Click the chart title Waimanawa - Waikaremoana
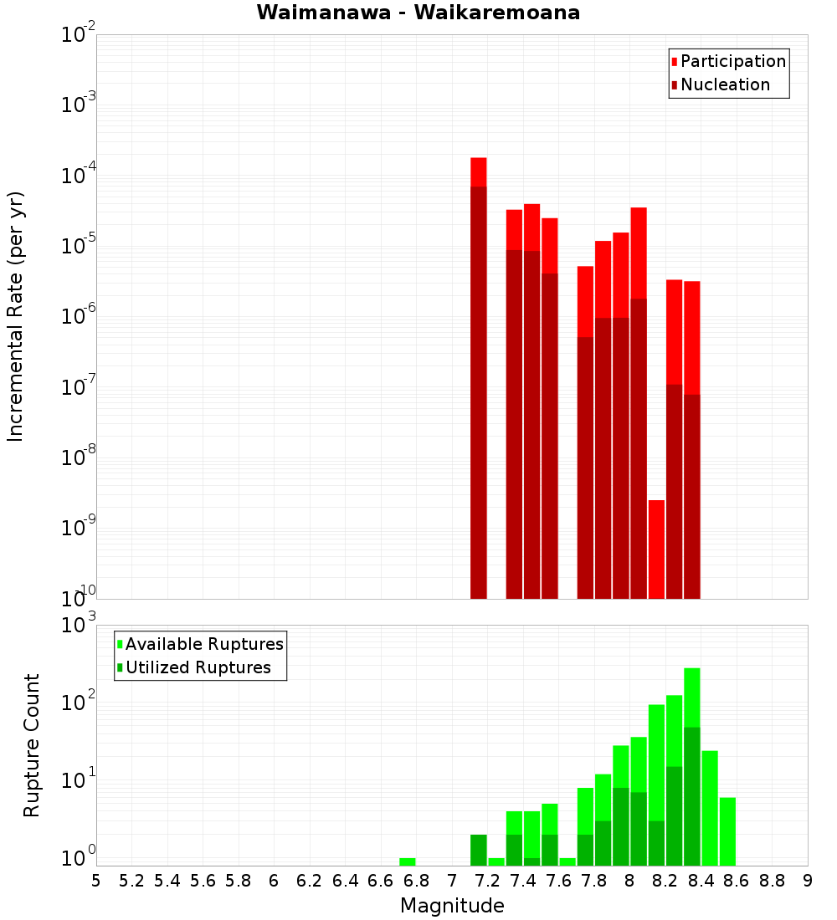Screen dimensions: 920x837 418,13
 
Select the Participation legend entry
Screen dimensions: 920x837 732,61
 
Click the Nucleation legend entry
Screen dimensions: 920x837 724,84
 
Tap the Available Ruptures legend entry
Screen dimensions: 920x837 203,644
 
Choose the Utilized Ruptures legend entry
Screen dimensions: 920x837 198,667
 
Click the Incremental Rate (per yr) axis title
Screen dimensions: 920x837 15,316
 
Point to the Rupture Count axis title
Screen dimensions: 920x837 32,744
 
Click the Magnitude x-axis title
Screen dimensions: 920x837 452,905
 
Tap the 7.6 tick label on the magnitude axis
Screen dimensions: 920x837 558,880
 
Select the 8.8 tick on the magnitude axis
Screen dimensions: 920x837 772,880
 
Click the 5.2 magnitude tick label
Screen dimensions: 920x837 131,880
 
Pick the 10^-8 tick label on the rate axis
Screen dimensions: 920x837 80,459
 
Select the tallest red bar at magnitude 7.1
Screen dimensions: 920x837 479,376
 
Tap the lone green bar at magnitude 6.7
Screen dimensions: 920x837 408,861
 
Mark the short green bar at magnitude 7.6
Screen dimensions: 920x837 567,861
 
